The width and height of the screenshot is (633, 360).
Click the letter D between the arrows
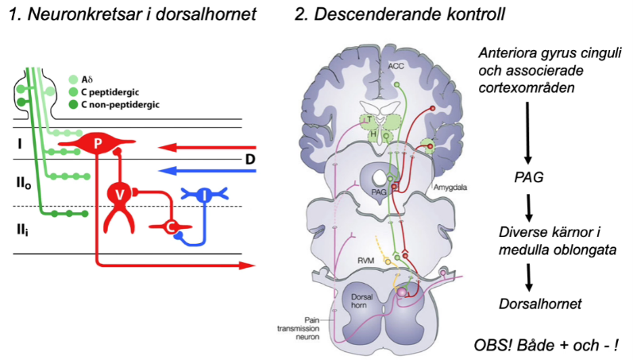(251, 160)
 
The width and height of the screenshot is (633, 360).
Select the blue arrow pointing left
(207, 169)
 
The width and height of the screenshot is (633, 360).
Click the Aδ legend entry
(89, 79)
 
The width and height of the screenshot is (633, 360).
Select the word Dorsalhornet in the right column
(538, 303)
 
